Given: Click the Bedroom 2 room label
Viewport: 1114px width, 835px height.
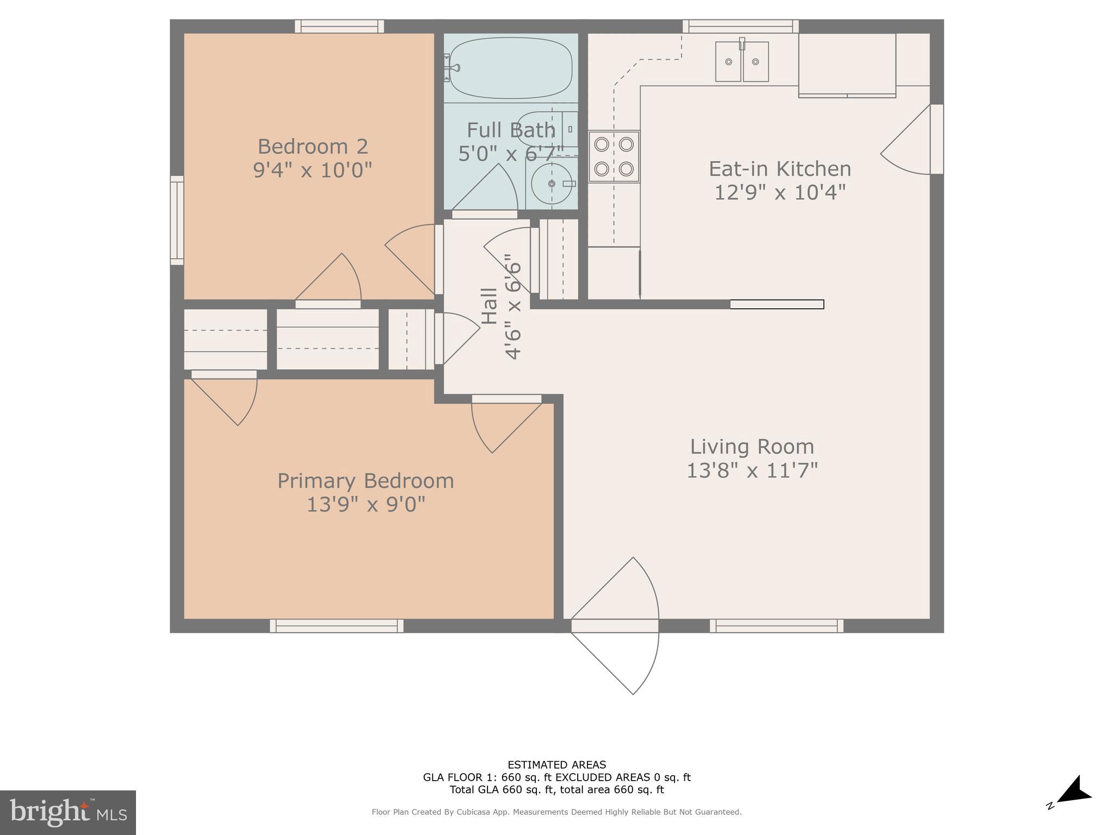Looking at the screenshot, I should coord(313,147).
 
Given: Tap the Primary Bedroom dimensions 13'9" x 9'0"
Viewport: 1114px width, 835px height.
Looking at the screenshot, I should coord(366,504).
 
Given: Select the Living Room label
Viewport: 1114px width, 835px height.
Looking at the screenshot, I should coord(752,447).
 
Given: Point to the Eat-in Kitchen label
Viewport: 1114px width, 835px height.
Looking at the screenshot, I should coord(779,169).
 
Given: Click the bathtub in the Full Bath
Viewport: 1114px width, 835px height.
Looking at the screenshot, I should coord(510,68).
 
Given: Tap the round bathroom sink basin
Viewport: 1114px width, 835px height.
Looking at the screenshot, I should coord(550,184).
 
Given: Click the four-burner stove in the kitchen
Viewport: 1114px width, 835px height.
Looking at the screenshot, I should coord(614,157).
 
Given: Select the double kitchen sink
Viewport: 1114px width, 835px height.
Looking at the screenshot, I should coord(741,61).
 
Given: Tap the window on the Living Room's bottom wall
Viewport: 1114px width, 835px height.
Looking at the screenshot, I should coord(776,626).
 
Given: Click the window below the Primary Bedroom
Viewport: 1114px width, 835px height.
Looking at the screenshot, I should coord(337,626).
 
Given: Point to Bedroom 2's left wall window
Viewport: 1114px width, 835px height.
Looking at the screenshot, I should coord(177,220).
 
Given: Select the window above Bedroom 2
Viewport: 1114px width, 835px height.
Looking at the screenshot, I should coord(339,26).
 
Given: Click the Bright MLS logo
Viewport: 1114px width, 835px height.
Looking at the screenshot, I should coord(67,812).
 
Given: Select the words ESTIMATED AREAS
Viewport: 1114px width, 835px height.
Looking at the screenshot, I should coord(556,765).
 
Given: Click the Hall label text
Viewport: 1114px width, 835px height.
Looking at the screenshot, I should coord(490,306).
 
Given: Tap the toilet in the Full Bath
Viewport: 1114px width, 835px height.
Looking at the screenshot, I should coord(547,129).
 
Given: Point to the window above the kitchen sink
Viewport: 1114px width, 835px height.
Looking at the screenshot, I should coord(740,26).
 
